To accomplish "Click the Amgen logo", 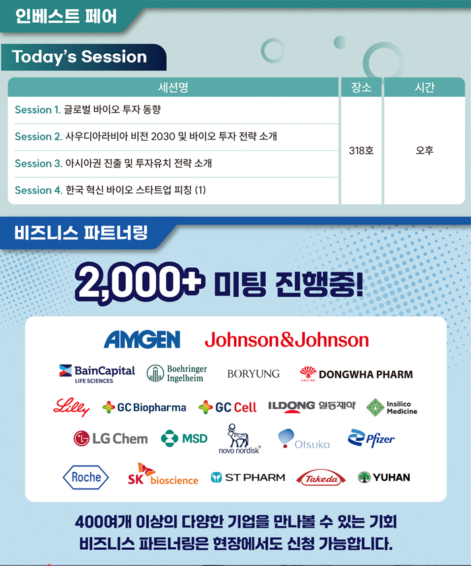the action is coord(142,340).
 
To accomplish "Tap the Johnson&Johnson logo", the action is coord(287,340).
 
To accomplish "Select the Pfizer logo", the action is coord(371,438).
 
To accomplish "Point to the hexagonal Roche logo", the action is coord(85,477).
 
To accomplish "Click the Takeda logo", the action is coord(321,478).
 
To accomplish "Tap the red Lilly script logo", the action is coord(71,407).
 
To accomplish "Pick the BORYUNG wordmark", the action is coord(254,374).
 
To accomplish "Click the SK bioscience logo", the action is coord(163,474).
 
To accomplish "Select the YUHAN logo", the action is coord(384,477).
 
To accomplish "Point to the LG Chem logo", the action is coord(110,439).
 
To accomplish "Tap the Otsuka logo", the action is coord(304,439).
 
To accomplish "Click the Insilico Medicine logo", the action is coord(392,408).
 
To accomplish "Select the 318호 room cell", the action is coord(361,150).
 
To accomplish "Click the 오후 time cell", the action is coord(425,150).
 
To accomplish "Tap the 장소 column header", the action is coord(361,87).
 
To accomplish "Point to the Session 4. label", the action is coord(38,190).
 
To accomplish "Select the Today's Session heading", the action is coord(79,57).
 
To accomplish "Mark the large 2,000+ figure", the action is coord(140,283).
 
